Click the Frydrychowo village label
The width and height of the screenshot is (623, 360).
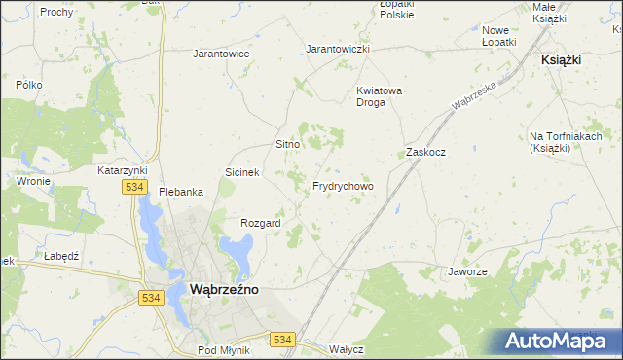pos(343,186)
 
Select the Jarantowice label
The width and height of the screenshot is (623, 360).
pos(221,54)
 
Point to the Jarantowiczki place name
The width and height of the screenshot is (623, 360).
pos(338,48)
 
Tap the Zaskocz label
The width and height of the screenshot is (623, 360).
pos(425,153)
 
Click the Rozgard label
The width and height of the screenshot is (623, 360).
pos(261,223)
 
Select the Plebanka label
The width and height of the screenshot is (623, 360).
pos(181,192)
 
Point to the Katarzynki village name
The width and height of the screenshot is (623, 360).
pos(122,170)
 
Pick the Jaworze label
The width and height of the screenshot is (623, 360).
pos(467,271)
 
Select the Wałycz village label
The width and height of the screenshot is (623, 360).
pos(347,349)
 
